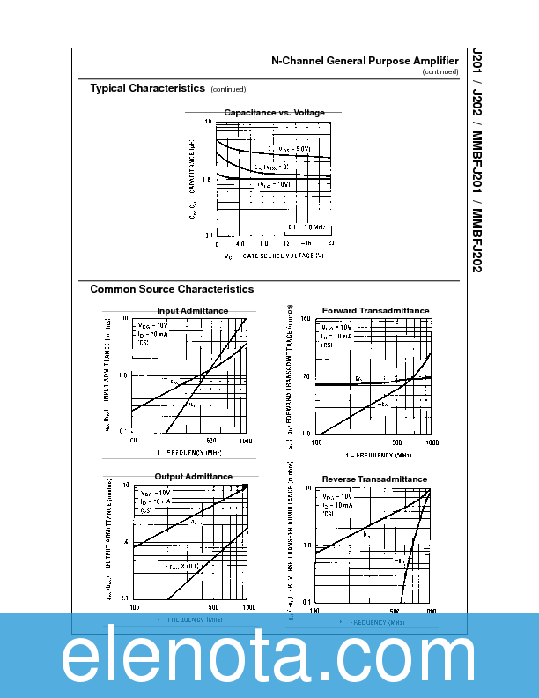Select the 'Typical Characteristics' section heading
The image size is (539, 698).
coord(148,88)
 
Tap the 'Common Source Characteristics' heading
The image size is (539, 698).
coord(172,289)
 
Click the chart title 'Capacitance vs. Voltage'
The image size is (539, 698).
coord(274,113)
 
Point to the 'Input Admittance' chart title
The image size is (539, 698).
coord(192,311)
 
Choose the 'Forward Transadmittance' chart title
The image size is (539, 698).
coord(375,311)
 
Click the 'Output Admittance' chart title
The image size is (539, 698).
coord(193,477)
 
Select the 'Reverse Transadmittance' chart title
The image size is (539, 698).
coord(374,479)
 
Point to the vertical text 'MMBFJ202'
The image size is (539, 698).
coord(477,240)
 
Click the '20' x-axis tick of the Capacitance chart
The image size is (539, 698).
coord(330,242)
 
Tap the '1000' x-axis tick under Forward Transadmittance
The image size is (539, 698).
coord(429,442)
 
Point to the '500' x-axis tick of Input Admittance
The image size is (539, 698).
coord(211,440)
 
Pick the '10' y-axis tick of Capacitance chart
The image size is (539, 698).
coord(209,121)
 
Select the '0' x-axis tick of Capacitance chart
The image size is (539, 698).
coord(217,242)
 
